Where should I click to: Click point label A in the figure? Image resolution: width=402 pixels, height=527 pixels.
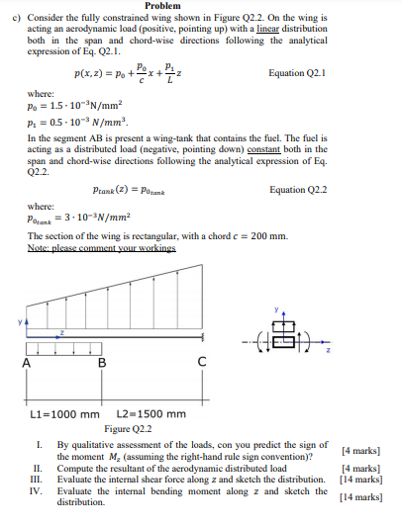tap(25, 363)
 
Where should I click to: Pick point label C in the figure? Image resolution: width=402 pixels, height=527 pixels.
tap(202, 363)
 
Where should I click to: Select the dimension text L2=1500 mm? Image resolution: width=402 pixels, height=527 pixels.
tap(147, 415)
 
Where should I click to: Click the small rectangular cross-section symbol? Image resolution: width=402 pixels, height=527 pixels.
tap(283, 341)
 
